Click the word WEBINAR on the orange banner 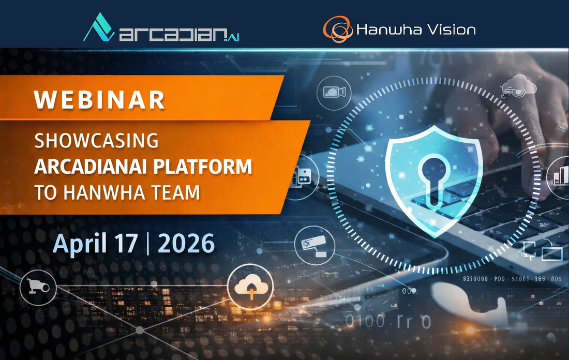click(x=100, y=100)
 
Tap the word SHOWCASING click(x=96, y=141)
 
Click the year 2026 click(x=186, y=243)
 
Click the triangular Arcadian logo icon click(x=98, y=29)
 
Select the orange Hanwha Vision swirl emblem click(x=337, y=29)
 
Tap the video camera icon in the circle click(x=334, y=93)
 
